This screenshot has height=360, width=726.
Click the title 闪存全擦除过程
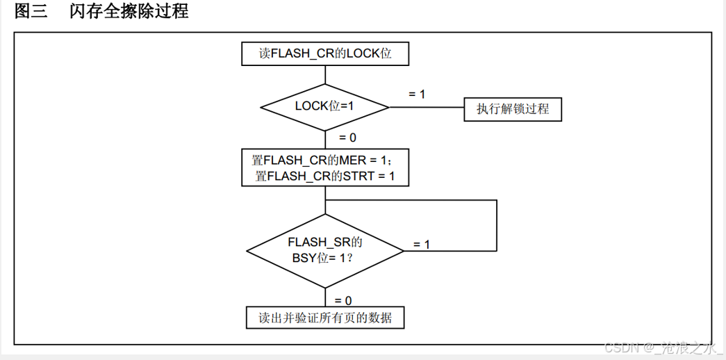pyautogui.click(x=129, y=10)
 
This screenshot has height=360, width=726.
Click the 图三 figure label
pyautogui.click(x=31, y=10)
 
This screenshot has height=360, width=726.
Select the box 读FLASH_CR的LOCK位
pyautogui.click(x=325, y=54)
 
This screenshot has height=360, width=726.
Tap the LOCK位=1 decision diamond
pyautogui.click(x=325, y=107)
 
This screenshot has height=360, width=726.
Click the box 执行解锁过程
pyautogui.click(x=513, y=109)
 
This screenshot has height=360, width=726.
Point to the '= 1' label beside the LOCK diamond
pyautogui.click(x=417, y=94)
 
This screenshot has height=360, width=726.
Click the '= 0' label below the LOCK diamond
pyautogui.click(x=348, y=138)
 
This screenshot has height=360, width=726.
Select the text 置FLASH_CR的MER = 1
pyautogui.click(x=322, y=161)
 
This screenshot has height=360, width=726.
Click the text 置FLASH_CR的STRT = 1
pyautogui.click(x=325, y=177)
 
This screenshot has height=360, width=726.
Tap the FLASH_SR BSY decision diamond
pyautogui.click(x=325, y=251)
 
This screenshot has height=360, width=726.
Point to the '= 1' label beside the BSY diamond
pyautogui.click(x=421, y=244)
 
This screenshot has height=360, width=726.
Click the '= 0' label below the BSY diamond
pyautogui.click(x=343, y=301)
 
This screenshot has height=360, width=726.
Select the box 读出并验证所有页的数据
pyautogui.click(x=325, y=318)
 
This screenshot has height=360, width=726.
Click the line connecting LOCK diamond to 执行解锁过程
pyautogui.click(x=427, y=107)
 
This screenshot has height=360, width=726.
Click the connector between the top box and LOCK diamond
pyautogui.click(x=325, y=74)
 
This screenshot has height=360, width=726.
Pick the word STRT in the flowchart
pyautogui.click(x=358, y=177)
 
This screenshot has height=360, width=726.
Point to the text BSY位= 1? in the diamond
pyautogui.click(x=322, y=259)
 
